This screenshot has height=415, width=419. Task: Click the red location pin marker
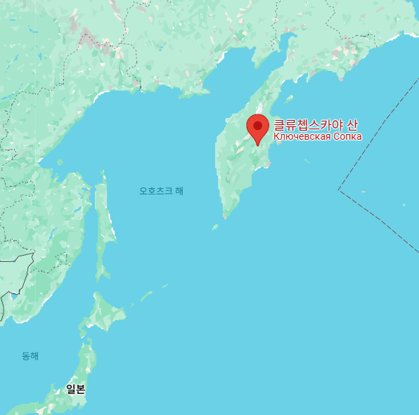[x=258, y=129]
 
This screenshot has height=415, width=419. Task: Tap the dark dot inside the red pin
[x=258, y=126]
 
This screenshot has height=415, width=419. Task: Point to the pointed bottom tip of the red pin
[x=258, y=146]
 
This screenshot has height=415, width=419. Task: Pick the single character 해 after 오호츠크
[x=179, y=190]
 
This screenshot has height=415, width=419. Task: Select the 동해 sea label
[x=30, y=356]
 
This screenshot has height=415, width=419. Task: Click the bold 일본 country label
[x=76, y=388]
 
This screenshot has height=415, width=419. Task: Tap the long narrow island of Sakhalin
[x=105, y=225]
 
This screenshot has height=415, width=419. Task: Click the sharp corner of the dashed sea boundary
[x=339, y=190]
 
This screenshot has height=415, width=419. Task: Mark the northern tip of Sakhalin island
[x=103, y=171]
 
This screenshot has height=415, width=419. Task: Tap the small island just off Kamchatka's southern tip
[x=215, y=227]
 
